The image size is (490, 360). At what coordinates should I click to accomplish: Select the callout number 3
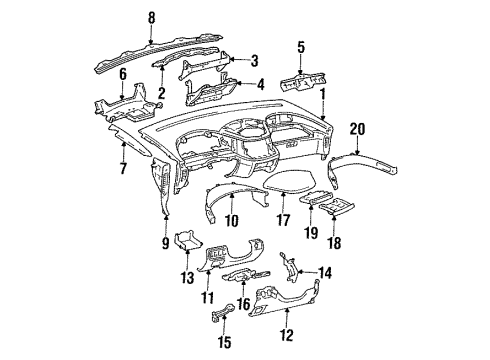(254, 59)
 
